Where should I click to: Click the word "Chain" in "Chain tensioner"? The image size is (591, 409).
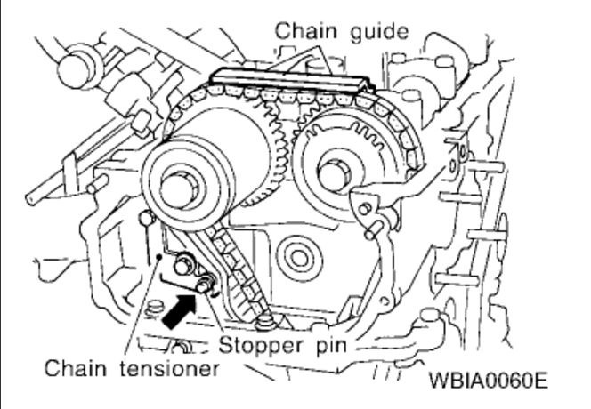(x=73, y=366)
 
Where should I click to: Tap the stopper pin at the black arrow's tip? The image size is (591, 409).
(x=206, y=285)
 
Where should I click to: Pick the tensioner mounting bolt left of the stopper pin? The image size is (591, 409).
(x=184, y=264)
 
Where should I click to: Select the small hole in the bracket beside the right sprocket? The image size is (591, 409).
(x=364, y=210)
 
